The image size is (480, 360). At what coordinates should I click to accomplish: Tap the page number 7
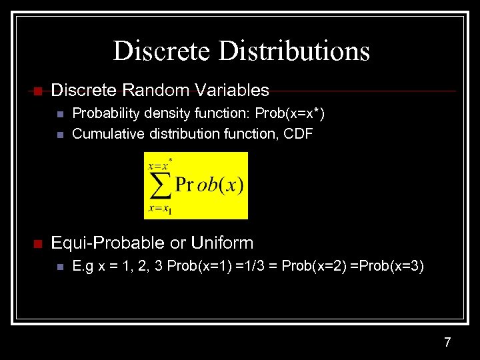tap(447, 343)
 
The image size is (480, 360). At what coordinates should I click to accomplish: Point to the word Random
tap(151, 90)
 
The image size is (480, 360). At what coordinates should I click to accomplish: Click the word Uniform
tap(222, 243)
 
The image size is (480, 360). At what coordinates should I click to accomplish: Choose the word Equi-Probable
tap(108, 243)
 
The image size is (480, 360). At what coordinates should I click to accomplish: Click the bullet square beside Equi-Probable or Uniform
tap(37, 243)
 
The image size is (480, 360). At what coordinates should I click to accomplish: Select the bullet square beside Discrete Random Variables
tap(37, 91)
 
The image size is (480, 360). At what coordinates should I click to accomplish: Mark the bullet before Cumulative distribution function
tap(60, 135)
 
